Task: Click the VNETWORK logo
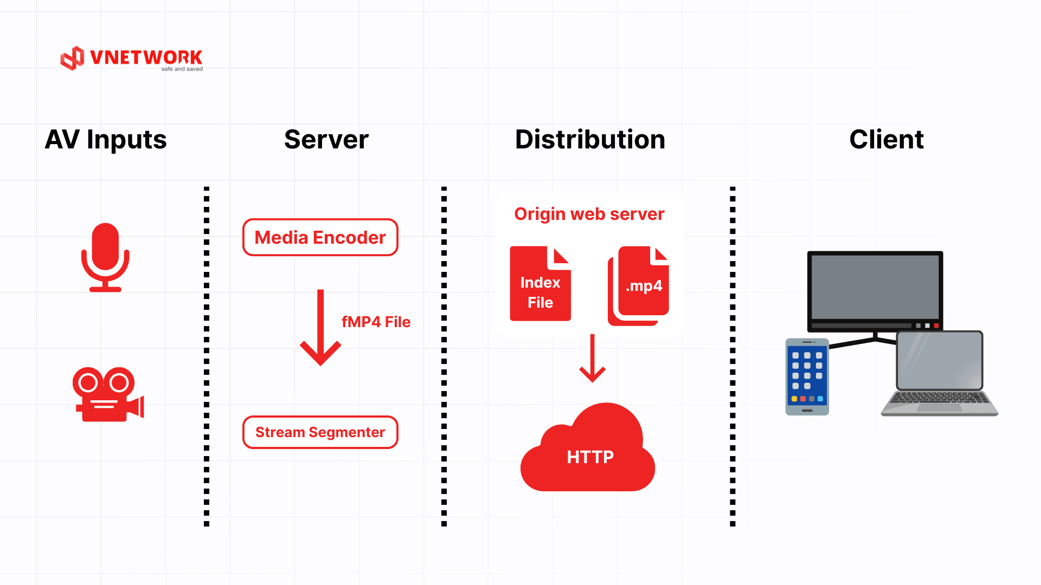coord(131,58)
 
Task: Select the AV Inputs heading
coord(106,140)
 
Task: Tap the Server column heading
coord(326,140)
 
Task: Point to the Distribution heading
coord(590,140)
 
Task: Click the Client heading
coord(886,140)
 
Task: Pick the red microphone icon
coord(105,257)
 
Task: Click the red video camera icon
coord(108,394)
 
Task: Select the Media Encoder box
coord(320,237)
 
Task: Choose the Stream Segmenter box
coord(320,432)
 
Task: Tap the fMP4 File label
coord(376,322)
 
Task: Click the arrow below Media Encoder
coord(320,327)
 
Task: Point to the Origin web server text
coord(589,214)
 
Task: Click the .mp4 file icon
coord(640,285)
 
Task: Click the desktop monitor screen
coord(875,287)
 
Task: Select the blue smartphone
coord(807,377)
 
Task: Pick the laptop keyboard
coord(940,401)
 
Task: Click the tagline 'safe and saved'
coord(182,69)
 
